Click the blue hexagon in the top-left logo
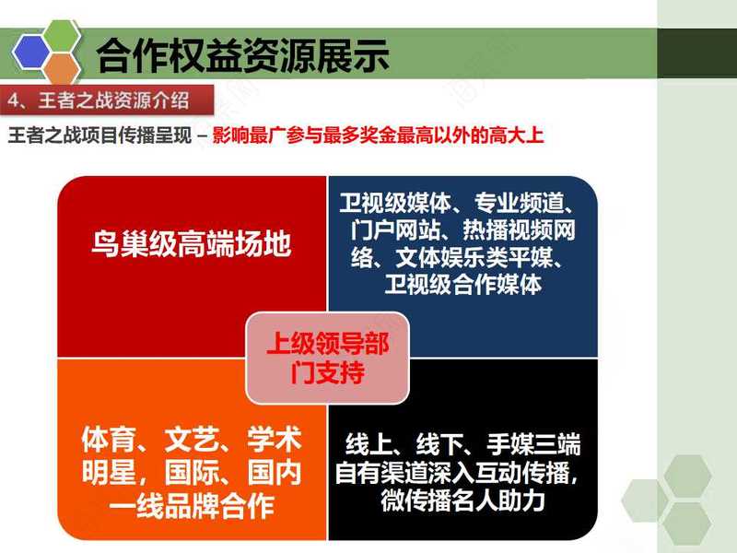click(31, 52)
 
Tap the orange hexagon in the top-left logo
click(62, 69)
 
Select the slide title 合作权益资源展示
click(242, 55)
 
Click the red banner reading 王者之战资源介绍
click(107, 100)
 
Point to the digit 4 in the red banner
click(13, 100)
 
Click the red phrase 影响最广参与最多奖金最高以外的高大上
click(378, 135)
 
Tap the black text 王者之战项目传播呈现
click(99, 135)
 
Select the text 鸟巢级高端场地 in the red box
click(192, 243)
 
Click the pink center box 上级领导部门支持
click(328, 358)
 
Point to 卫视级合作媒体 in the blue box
click(463, 284)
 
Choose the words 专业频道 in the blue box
click(519, 203)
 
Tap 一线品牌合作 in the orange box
click(192, 506)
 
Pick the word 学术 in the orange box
click(274, 440)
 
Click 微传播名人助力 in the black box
click(463, 500)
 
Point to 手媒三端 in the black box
click(533, 445)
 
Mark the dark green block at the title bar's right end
click(697, 53)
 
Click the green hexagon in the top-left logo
click(62, 36)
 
